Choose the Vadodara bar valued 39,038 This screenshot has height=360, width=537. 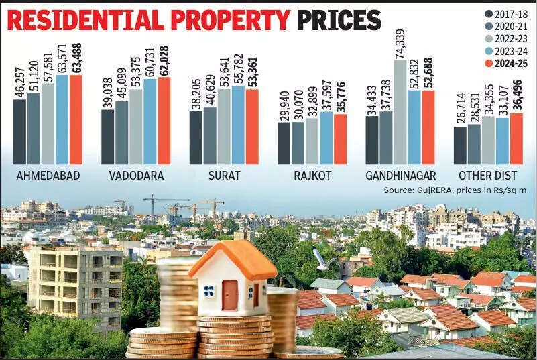(108, 137)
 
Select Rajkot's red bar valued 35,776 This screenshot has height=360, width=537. (340, 139)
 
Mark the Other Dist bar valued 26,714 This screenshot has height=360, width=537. (460, 145)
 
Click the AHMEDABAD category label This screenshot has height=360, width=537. (48, 176)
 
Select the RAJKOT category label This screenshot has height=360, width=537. (312, 176)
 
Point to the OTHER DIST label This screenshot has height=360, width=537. (487, 176)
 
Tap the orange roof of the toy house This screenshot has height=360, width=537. (231, 258)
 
